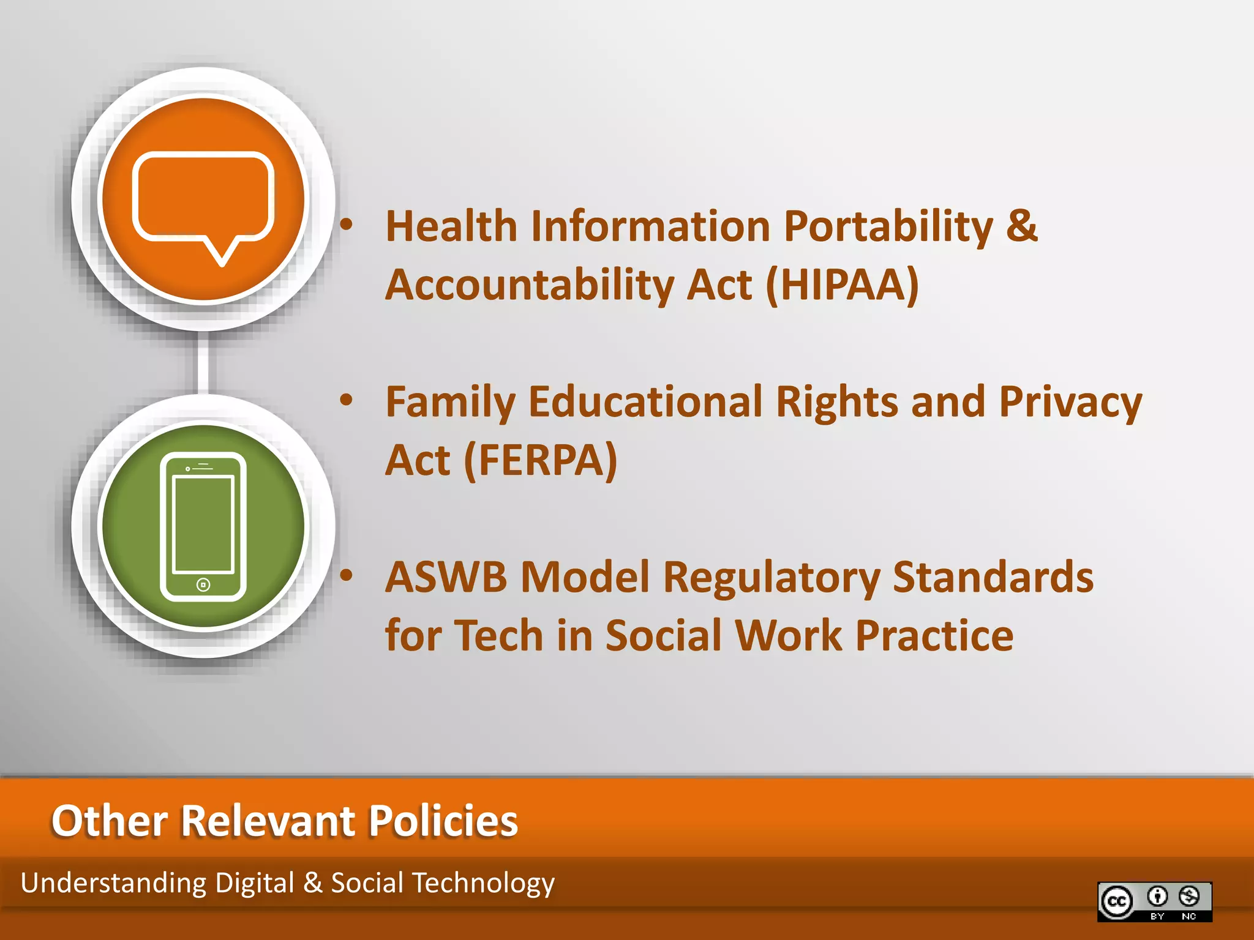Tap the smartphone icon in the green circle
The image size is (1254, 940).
[203, 526]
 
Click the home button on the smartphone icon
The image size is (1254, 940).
[203, 585]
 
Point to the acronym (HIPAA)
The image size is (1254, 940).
[843, 285]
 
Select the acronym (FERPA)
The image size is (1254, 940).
[541, 461]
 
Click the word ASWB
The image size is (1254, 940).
[446, 577]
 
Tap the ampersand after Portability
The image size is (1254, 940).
[1021, 225]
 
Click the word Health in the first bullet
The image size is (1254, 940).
[451, 226]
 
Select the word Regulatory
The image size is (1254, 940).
[772, 578]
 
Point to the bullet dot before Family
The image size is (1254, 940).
[347, 400]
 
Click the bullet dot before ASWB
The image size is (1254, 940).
[347, 575]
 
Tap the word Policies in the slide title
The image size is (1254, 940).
[443, 821]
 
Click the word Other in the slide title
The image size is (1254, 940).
[109, 821]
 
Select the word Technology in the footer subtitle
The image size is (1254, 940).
[484, 884]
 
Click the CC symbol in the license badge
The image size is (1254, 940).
[1117, 901]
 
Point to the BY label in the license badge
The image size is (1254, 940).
[1157, 916]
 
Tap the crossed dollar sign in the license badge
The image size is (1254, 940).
[1189, 897]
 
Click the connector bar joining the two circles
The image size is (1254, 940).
[203, 362]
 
